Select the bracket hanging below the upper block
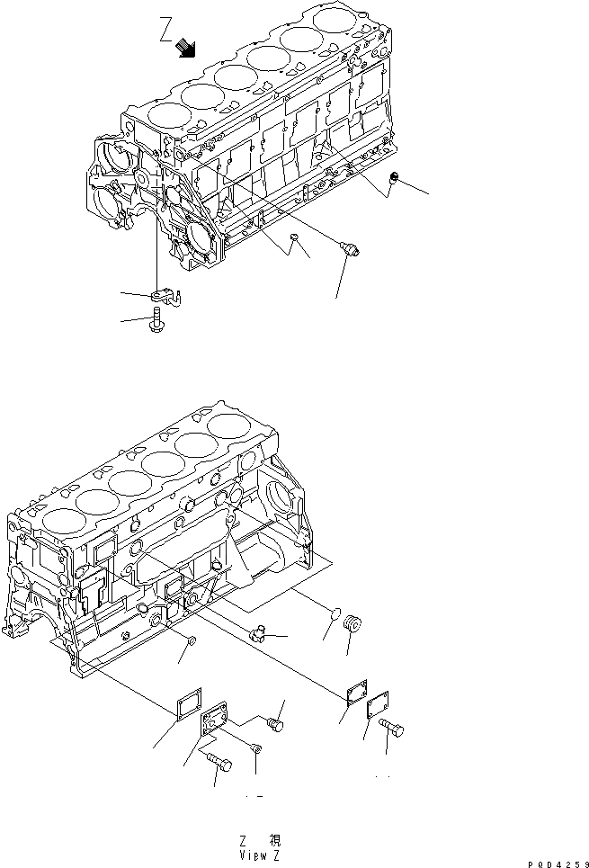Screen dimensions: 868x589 pos(167,294)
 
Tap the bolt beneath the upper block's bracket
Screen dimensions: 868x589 pos(159,318)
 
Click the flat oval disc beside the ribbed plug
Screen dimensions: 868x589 pos(330,616)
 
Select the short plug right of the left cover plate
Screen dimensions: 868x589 pos(277,722)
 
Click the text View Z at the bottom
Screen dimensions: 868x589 pos(260,855)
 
